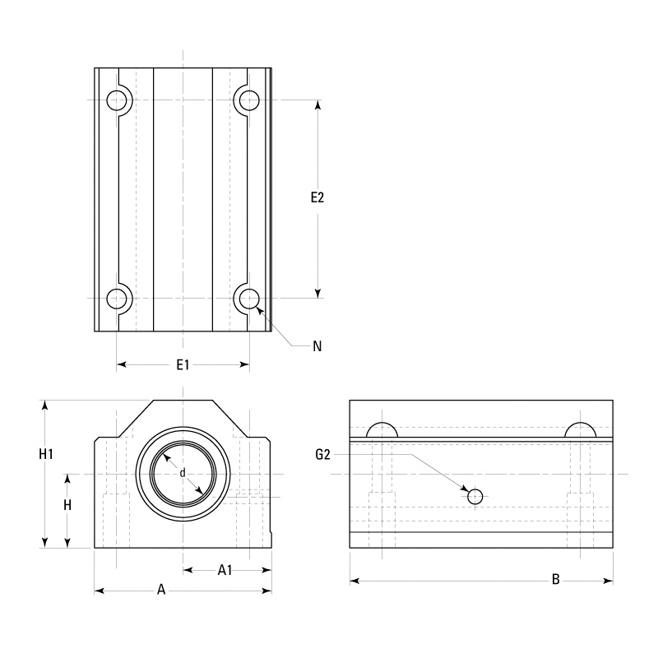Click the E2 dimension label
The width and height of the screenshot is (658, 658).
coord(317,197)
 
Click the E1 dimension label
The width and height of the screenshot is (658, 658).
coord(183,365)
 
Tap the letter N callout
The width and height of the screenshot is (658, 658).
coord(317,346)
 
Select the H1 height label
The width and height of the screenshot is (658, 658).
coord(46,454)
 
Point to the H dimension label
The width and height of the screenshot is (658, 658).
coord(67,505)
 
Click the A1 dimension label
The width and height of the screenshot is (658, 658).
coord(225,570)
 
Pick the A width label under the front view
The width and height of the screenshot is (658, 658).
coord(161,590)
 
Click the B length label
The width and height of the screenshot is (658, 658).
coord(556,580)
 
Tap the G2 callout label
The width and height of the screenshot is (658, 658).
coord(322,455)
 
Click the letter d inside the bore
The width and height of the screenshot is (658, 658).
coord(182,473)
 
